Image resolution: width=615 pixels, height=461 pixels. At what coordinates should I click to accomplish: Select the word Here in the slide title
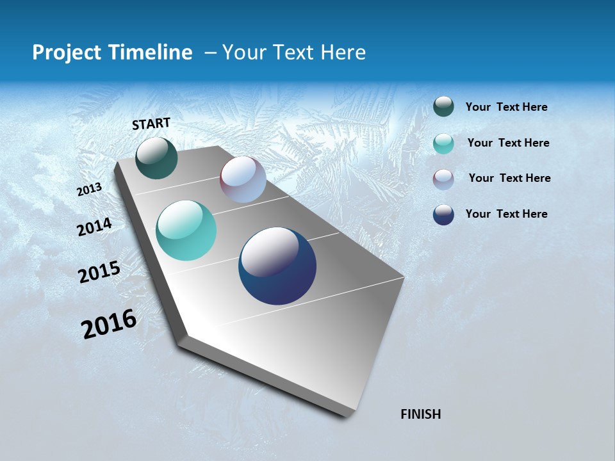342,53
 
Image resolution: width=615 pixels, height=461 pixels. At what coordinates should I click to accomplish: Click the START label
151,124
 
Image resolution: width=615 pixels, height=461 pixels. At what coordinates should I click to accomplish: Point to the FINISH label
420,414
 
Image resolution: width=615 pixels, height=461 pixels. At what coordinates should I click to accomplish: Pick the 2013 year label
90,190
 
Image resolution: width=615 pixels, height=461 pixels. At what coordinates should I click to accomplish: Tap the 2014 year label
95,227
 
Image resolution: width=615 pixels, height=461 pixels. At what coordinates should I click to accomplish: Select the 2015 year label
99,272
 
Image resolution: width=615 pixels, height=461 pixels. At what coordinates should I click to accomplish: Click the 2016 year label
109,324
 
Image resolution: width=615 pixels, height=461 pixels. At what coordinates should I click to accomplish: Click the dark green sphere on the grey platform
157,158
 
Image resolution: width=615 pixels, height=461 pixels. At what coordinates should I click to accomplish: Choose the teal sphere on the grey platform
186,230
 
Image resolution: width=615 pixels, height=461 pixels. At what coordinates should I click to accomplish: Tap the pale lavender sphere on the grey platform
243,179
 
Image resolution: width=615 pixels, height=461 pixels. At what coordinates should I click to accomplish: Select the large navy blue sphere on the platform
277,266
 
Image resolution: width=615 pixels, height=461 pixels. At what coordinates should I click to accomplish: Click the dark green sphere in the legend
443,107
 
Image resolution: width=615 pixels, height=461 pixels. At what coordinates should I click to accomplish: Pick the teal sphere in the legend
443,143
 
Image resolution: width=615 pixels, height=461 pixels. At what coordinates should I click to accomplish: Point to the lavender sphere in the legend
443,179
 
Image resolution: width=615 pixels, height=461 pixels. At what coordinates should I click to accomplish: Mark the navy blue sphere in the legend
443,214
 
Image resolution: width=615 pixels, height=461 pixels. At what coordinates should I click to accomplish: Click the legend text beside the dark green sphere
506,108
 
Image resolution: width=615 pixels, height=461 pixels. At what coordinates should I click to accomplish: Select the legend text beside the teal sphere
508,143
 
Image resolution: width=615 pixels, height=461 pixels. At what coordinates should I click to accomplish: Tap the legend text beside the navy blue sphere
506,214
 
